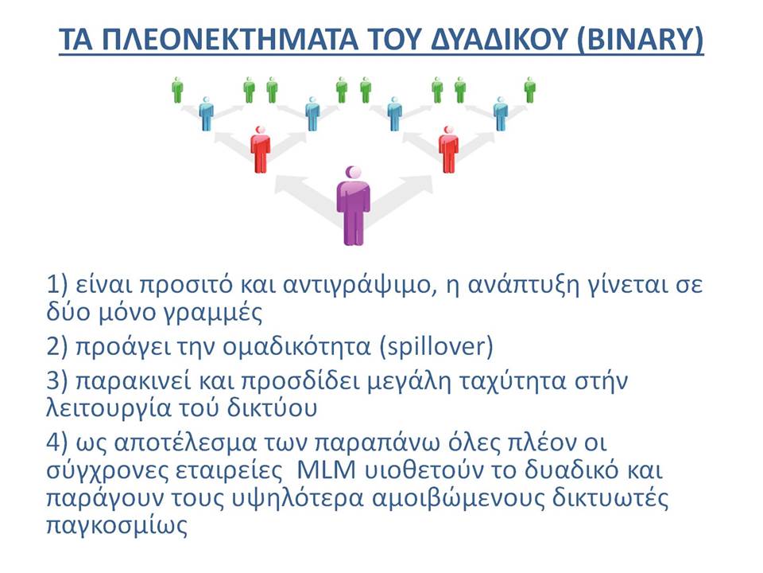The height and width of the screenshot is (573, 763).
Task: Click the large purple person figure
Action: pos(353,205)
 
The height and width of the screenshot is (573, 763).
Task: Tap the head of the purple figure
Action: pos(353,173)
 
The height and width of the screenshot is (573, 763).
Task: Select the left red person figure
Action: pos(261,150)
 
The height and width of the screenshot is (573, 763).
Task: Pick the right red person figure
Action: pos(448,150)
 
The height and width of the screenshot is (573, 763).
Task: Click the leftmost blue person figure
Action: pos(207,114)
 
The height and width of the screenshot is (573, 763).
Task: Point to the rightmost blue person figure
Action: pos(500,114)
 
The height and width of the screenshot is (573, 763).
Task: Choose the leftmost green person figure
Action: pos(177,90)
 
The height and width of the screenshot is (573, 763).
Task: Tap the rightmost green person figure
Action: pos(530,90)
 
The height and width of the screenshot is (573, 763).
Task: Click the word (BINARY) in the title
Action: pos(640,39)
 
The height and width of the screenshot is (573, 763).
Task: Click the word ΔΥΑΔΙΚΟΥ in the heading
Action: pos(500,39)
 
